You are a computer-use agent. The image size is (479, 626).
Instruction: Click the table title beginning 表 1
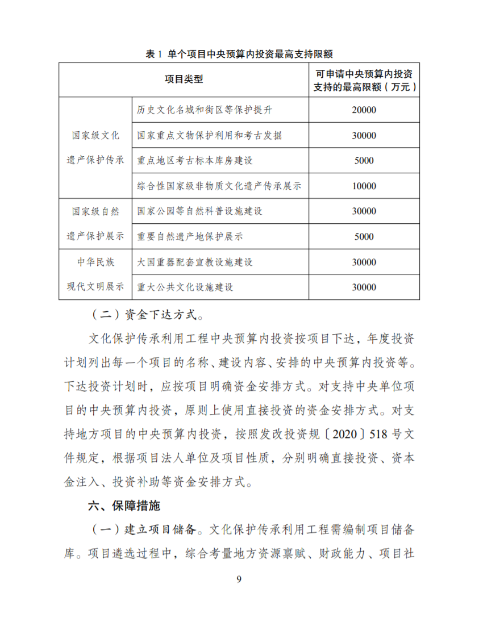[x=239, y=54]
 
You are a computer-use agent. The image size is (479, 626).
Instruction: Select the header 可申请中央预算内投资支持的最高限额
[x=364, y=80]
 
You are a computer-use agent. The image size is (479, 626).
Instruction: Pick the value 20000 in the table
[x=364, y=110]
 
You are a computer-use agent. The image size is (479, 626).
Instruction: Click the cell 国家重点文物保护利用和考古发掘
[x=209, y=135]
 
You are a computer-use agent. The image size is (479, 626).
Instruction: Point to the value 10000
[x=364, y=186]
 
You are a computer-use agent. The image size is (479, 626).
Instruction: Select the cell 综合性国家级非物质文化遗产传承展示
[x=219, y=186]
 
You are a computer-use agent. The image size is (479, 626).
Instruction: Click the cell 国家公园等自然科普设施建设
[x=199, y=211]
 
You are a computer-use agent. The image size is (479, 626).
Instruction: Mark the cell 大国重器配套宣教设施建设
[x=194, y=262]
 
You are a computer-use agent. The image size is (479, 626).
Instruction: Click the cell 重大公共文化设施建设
[x=185, y=287]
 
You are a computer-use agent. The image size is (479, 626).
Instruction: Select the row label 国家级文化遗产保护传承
[x=95, y=148]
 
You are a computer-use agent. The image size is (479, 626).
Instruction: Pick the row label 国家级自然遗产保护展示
[x=95, y=224]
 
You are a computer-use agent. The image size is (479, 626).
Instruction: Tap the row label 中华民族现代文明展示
[x=95, y=274]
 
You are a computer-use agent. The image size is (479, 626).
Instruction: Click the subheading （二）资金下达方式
[x=146, y=314]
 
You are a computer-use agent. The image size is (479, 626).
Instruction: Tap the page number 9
[x=239, y=579]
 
